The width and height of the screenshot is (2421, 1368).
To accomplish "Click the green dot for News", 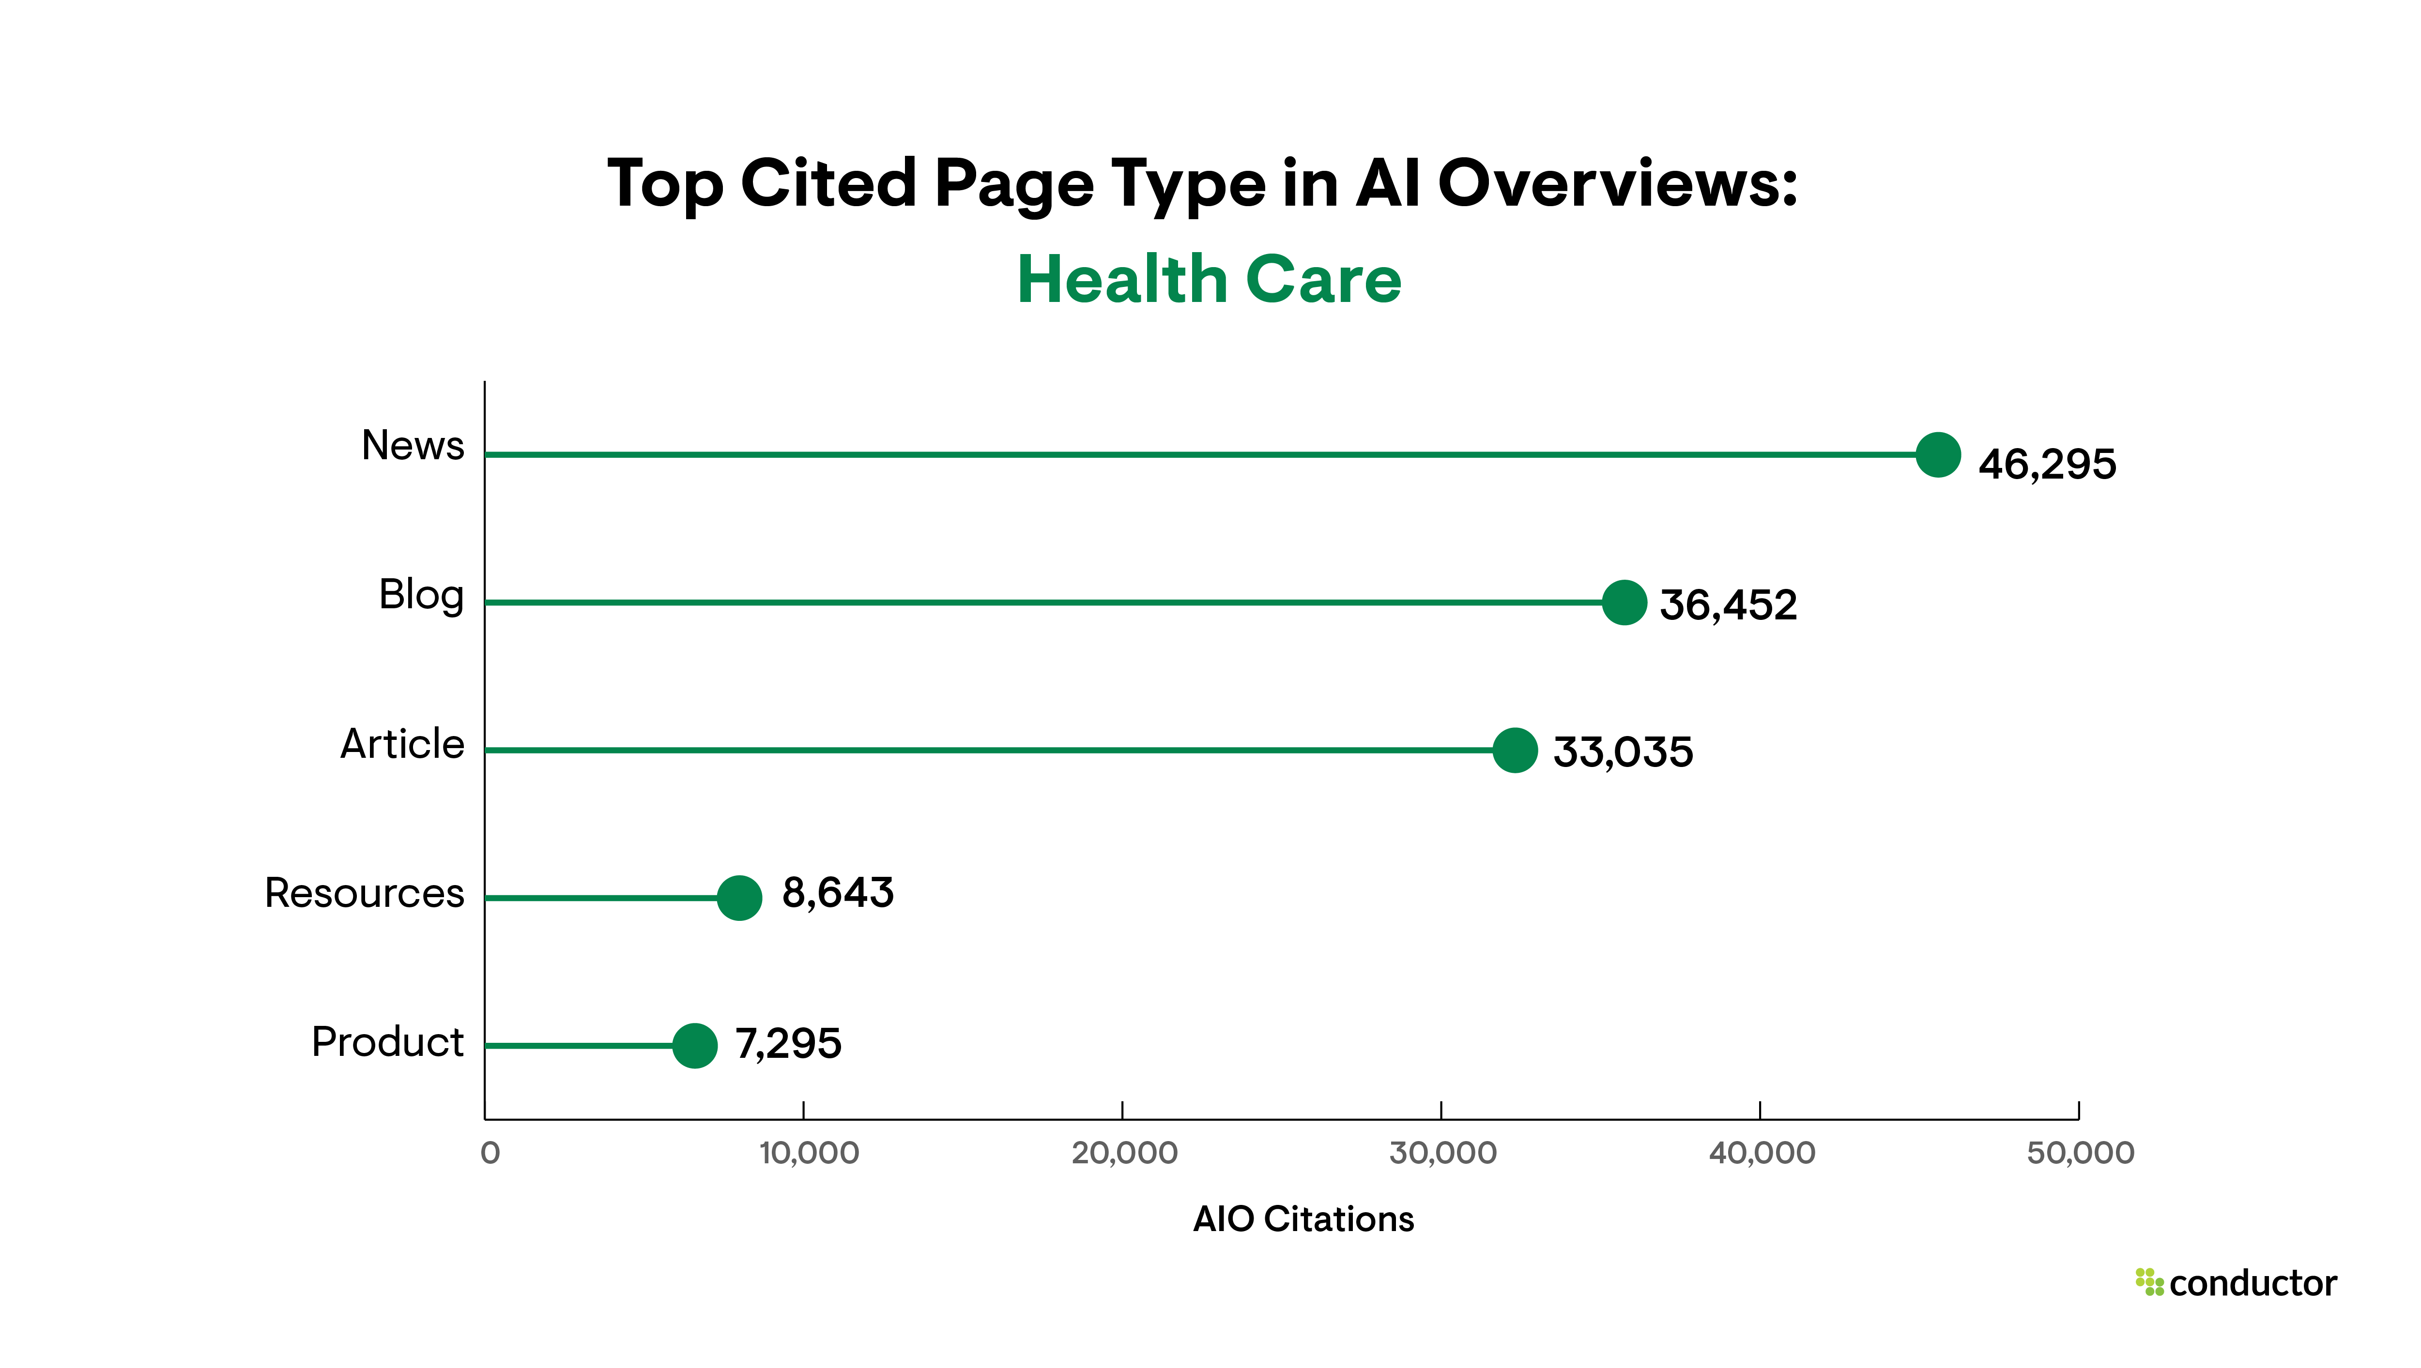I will [x=1938, y=455].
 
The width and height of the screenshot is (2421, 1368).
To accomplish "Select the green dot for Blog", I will [x=1624, y=602].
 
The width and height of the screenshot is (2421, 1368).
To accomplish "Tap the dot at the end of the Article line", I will [x=1515, y=750].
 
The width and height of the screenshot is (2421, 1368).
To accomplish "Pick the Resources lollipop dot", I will [x=740, y=897].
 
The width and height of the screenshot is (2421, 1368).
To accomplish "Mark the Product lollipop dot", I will [x=694, y=1045].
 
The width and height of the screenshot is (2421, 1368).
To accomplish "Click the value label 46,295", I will [x=2047, y=464].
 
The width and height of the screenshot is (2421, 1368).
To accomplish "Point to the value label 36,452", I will [x=1728, y=604].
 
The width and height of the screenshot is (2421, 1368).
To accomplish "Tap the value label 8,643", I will [x=837, y=893].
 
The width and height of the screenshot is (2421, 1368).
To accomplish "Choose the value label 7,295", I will [x=788, y=1043].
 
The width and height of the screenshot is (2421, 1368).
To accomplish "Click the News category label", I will [x=413, y=445].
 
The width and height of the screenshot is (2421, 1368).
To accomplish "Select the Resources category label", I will [x=365, y=893].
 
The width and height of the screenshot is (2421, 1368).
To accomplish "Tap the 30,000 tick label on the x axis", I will [x=1442, y=1153].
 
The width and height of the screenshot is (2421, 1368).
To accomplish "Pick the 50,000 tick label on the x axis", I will [x=2080, y=1153].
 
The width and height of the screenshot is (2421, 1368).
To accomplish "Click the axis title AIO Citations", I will [x=1302, y=1219].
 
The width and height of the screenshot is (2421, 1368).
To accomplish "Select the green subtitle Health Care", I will [x=1210, y=280].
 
